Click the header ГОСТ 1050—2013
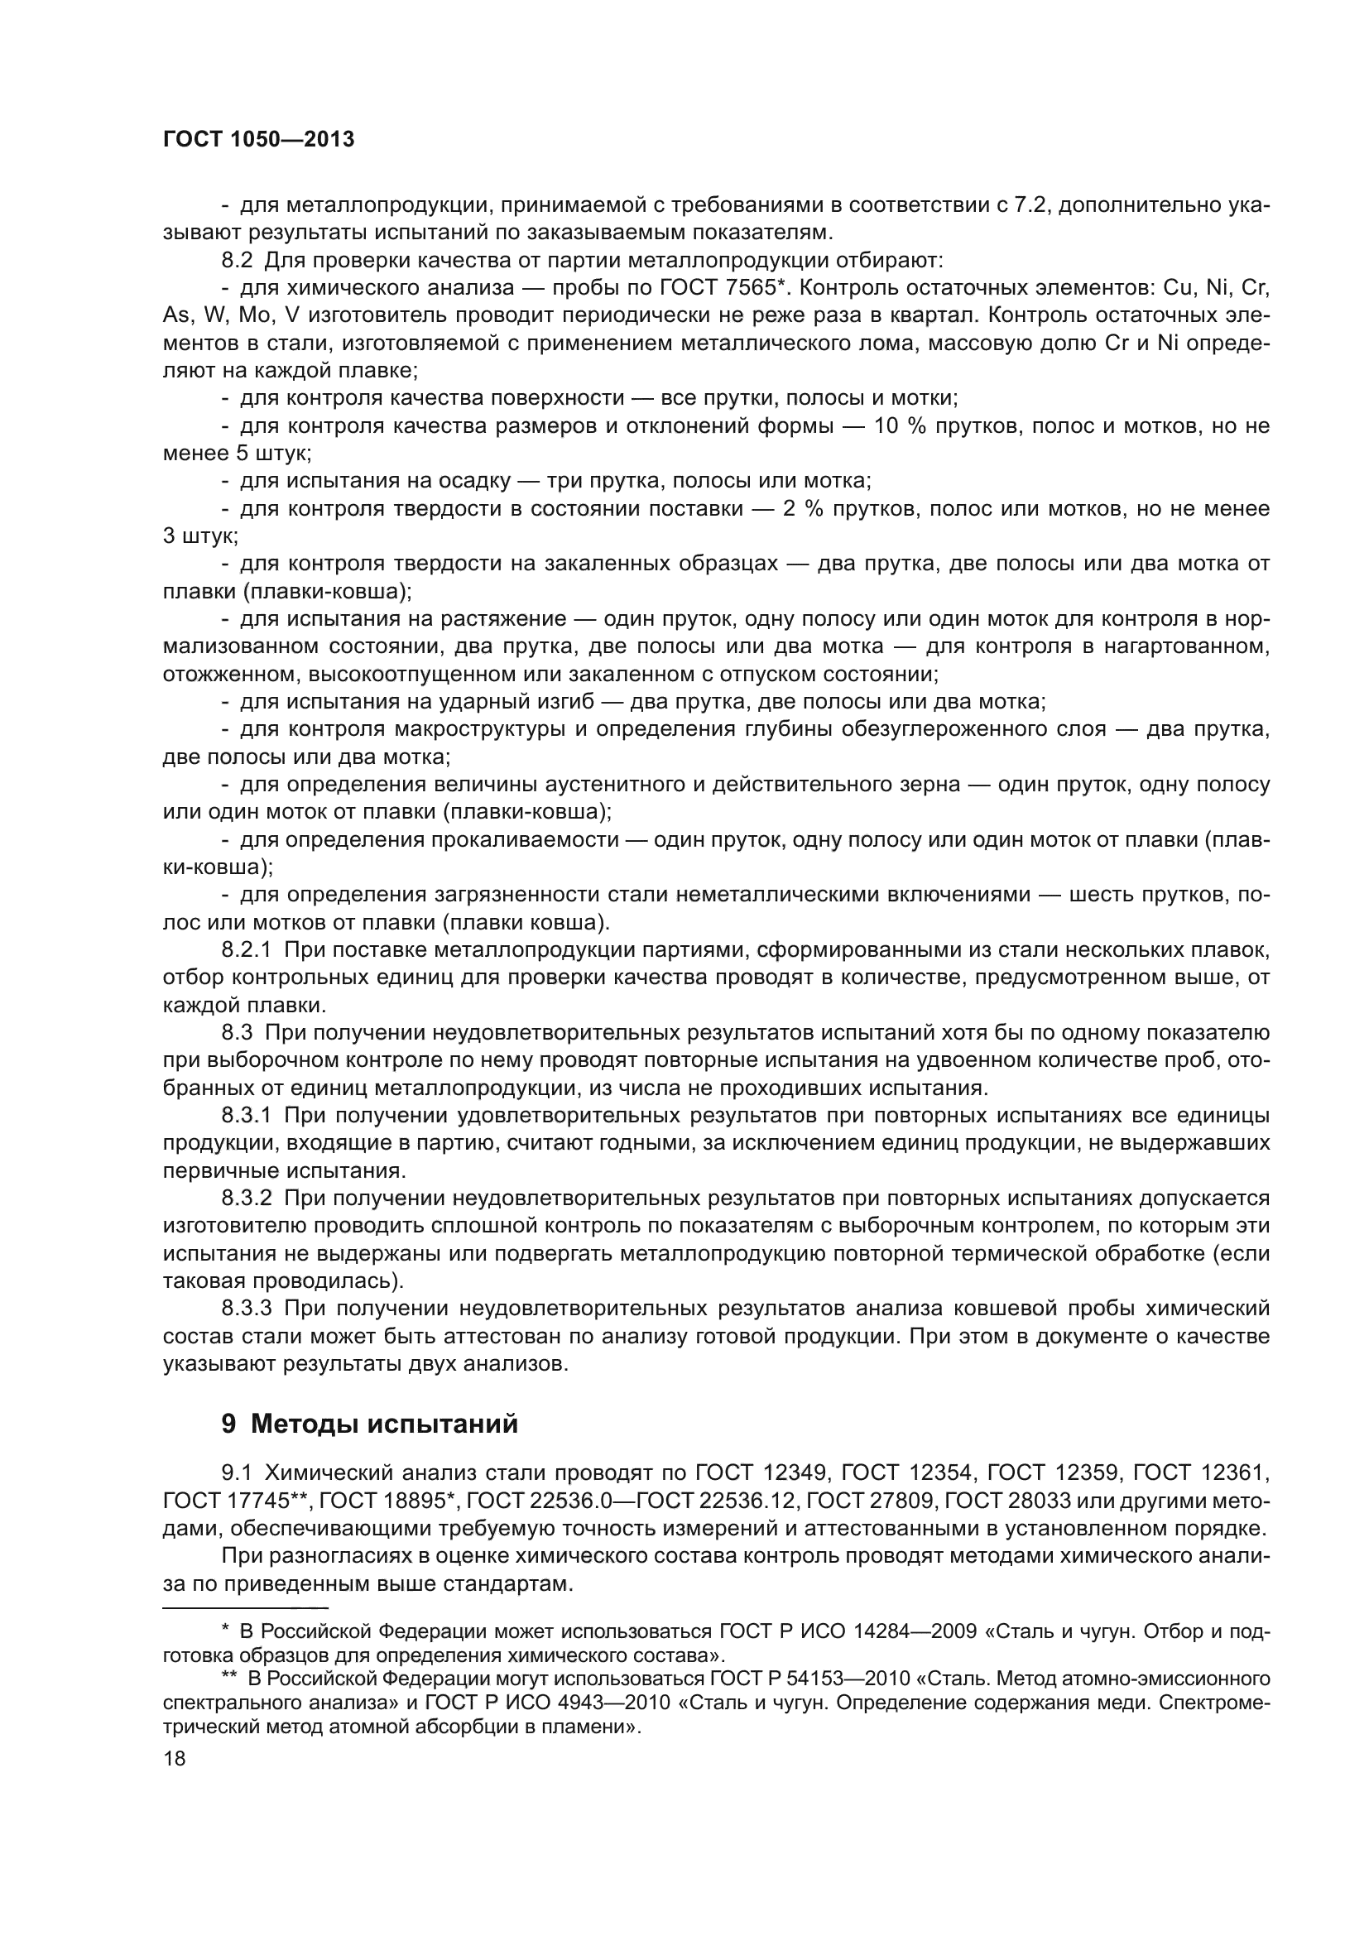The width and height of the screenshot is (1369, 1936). (x=258, y=140)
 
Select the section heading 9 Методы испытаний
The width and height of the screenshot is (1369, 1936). (x=369, y=1424)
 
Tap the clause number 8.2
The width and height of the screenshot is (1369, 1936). (x=238, y=260)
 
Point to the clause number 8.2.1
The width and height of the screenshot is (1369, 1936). (x=246, y=950)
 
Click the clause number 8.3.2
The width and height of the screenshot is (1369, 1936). (x=246, y=1199)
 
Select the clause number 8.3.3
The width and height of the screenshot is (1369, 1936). (x=246, y=1309)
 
